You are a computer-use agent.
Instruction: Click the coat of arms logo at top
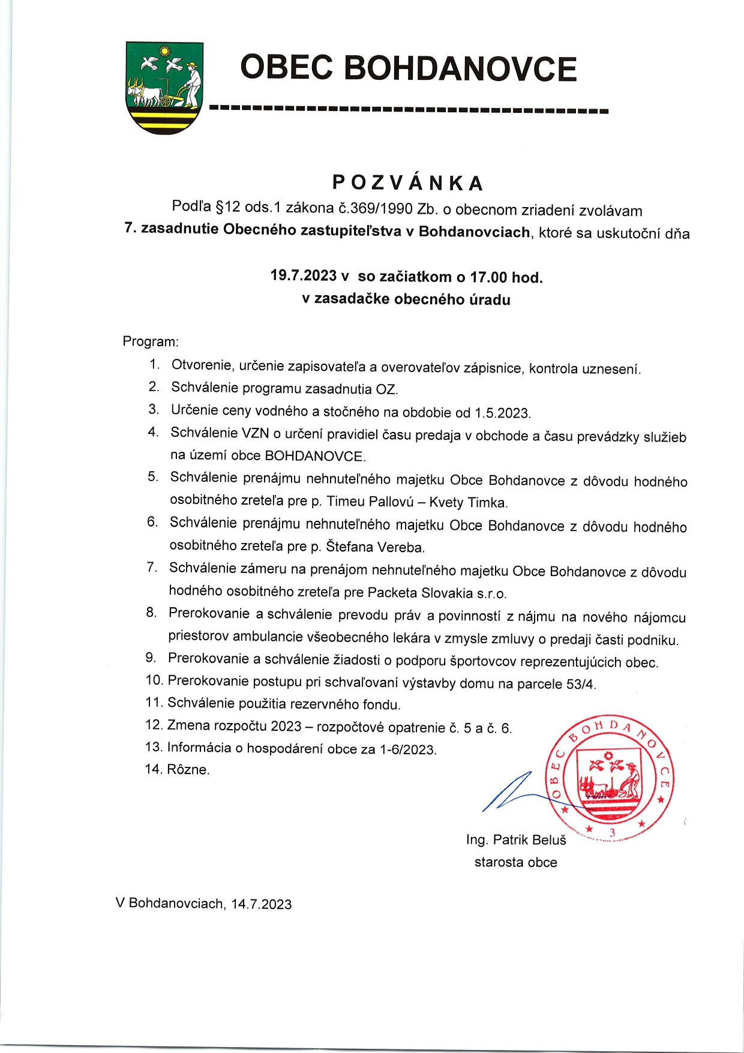(x=164, y=88)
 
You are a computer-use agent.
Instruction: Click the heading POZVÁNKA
(x=408, y=183)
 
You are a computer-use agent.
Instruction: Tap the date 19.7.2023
(x=303, y=275)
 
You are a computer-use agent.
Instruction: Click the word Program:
(x=151, y=341)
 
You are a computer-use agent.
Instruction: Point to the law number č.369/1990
(x=376, y=208)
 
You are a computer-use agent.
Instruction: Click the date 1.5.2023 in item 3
(x=502, y=413)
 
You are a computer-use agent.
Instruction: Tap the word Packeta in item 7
(x=392, y=593)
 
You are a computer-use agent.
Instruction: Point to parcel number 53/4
(x=581, y=684)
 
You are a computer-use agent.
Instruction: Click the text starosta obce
(x=515, y=862)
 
